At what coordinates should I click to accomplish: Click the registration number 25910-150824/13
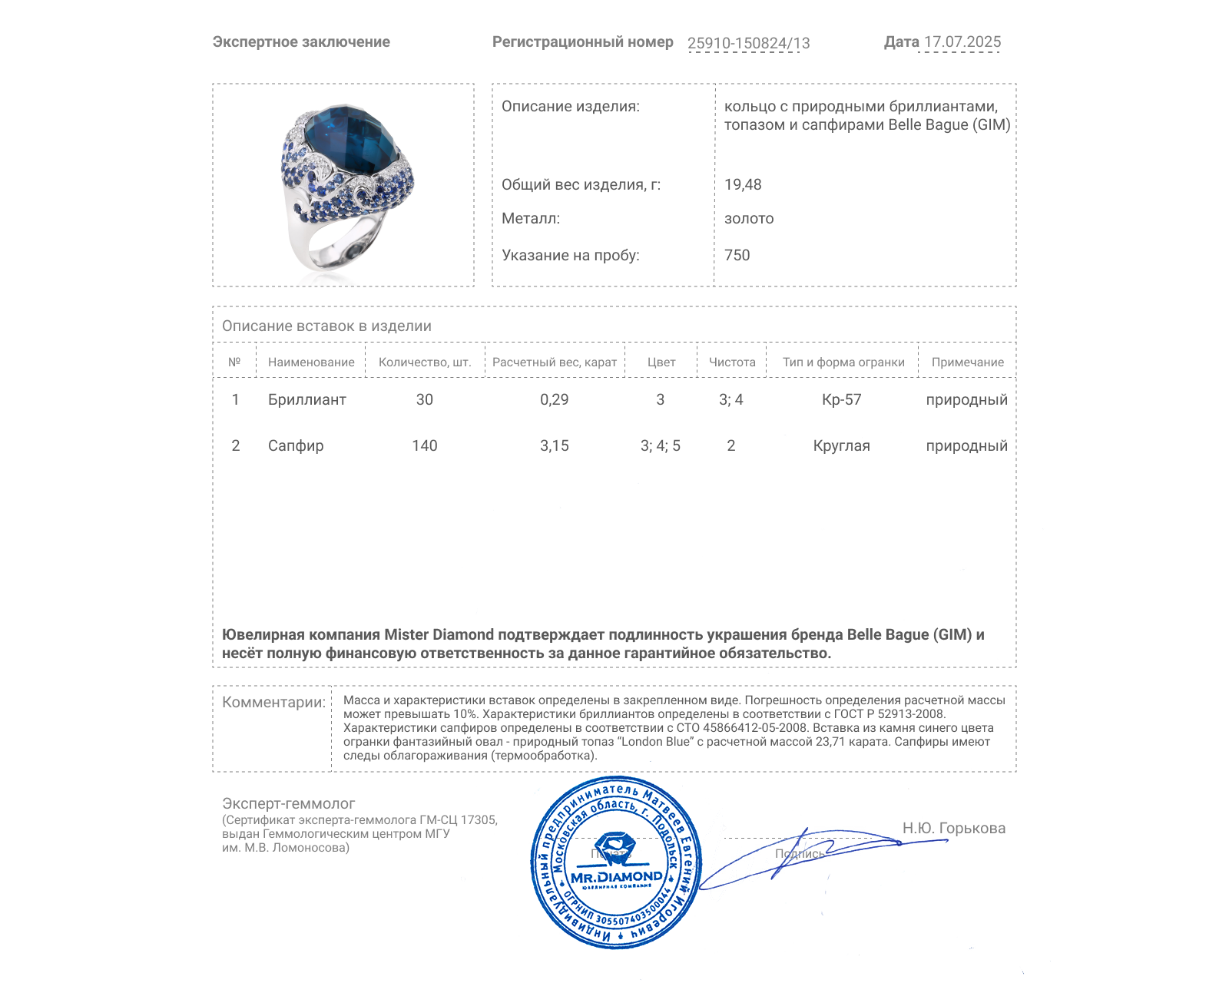(x=748, y=43)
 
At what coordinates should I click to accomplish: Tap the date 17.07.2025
(x=962, y=42)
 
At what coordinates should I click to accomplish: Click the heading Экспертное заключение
(x=301, y=42)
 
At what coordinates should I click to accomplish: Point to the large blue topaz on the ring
(x=349, y=139)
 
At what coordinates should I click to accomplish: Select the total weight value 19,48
(x=743, y=184)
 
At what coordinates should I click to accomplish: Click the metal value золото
(x=749, y=219)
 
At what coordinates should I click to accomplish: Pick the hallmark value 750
(x=737, y=255)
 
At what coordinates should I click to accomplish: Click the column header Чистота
(x=731, y=362)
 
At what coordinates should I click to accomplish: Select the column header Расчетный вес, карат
(x=554, y=362)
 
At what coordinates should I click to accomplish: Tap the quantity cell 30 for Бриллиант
(x=424, y=399)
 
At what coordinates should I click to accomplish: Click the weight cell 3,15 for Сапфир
(x=554, y=445)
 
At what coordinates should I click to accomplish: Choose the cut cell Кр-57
(x=841, y=399)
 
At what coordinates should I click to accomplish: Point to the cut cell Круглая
(x=841, y=445)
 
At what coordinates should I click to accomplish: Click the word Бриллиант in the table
(x=306, y=399)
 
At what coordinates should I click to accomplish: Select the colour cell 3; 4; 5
(x=660, y=445)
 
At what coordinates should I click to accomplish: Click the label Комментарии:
(x=273, y=702)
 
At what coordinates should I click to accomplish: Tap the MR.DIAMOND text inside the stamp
(x=616, y=877)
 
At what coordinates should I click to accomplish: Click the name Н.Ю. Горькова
(x=953, y=828)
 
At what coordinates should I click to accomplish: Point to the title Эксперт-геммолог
(x=288, y=803)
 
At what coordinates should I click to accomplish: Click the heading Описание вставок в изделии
(x=326, y=326)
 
